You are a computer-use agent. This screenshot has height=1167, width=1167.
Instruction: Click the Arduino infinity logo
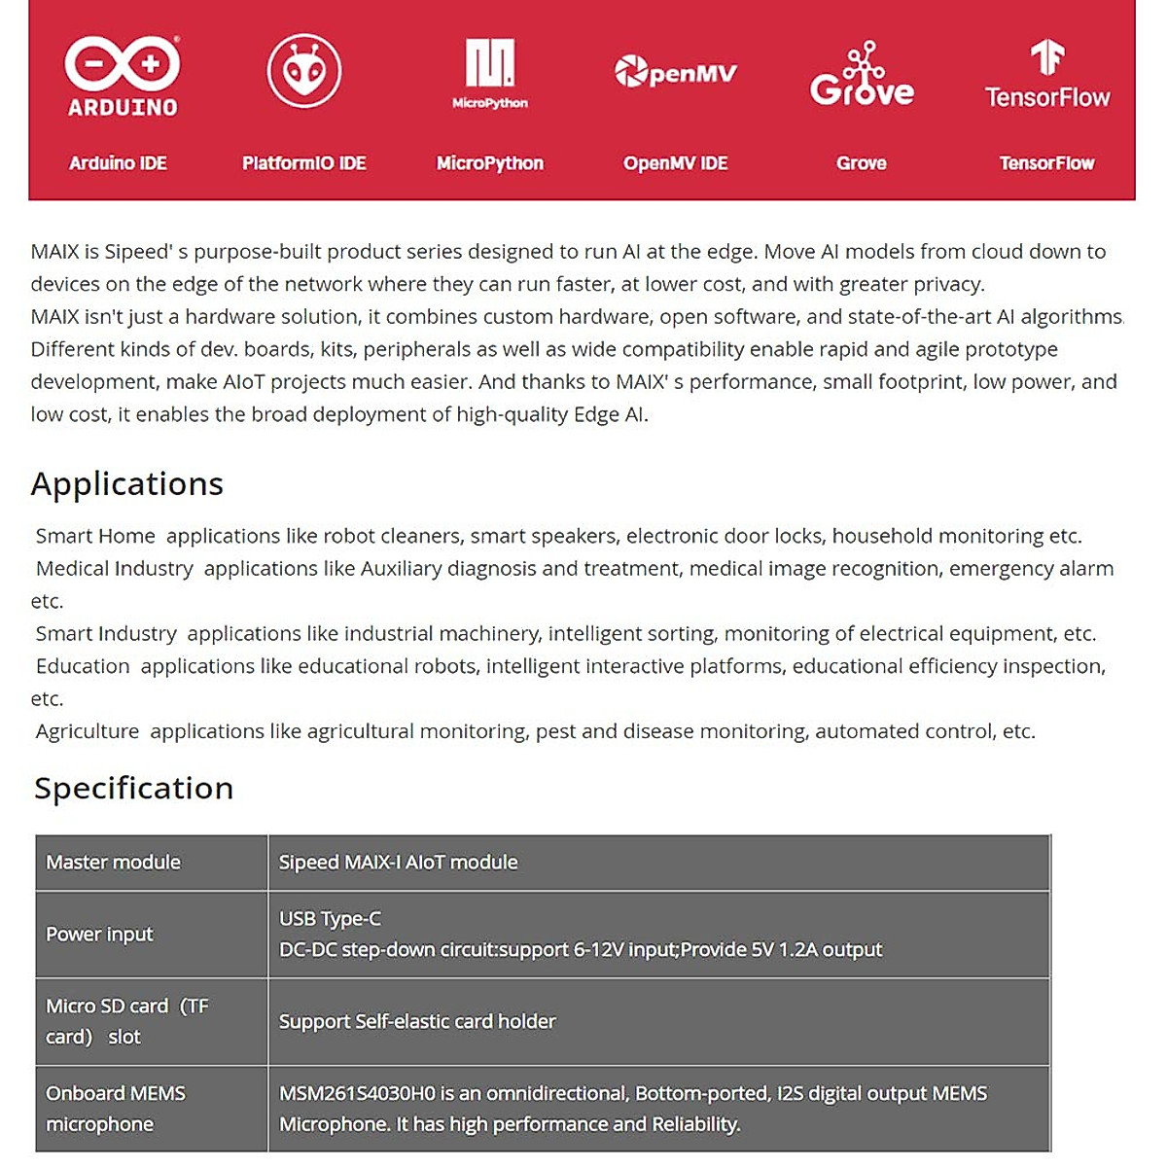click(123, 64)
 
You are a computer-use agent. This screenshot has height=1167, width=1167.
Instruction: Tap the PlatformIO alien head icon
click(304, 71)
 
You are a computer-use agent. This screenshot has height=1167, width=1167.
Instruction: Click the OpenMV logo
click(676, 72)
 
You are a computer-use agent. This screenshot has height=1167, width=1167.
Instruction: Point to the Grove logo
click(862, 75)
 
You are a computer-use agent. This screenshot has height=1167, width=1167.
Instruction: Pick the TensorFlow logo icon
click(1046, 58)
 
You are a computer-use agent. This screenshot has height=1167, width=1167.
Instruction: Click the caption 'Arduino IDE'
click(118, 163)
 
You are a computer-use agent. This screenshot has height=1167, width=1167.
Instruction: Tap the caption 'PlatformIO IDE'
click(304, 163)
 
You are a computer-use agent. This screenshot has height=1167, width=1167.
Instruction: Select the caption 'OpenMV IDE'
click(676, 163)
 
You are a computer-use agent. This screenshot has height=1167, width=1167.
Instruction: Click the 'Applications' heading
click(127, 484)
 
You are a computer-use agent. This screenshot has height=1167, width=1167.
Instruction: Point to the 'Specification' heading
click(134, 788)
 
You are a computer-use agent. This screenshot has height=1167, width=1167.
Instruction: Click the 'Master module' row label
click(113, 863)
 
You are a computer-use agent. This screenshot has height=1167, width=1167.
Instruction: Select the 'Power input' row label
click(99, 935)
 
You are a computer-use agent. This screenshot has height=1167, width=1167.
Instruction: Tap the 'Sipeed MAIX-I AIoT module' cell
click(398, 863)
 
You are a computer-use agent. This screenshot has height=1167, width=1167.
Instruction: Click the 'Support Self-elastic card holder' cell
click(417, 1022)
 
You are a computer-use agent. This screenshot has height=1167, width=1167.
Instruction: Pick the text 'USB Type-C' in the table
click(330, 919)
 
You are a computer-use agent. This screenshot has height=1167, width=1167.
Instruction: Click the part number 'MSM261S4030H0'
click(357, 1094)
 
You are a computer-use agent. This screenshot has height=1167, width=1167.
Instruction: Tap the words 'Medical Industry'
click(115, 569)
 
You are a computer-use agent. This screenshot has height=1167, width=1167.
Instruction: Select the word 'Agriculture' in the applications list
click(88, 731)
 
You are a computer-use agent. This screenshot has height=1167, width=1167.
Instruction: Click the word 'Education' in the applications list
click(83, 666)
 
